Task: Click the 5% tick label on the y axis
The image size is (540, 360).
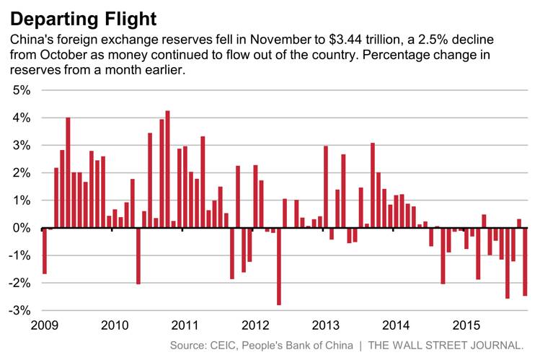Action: (x=21, y=91)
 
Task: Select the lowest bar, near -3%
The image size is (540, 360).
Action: (x=279, y=266)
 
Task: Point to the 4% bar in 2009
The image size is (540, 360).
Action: (x=68, y=172)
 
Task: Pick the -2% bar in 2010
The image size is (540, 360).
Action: (x=138, y=255)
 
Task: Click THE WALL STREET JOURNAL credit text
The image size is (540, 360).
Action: (x=446, y=346)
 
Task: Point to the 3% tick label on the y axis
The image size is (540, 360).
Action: (x=21, y=146)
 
